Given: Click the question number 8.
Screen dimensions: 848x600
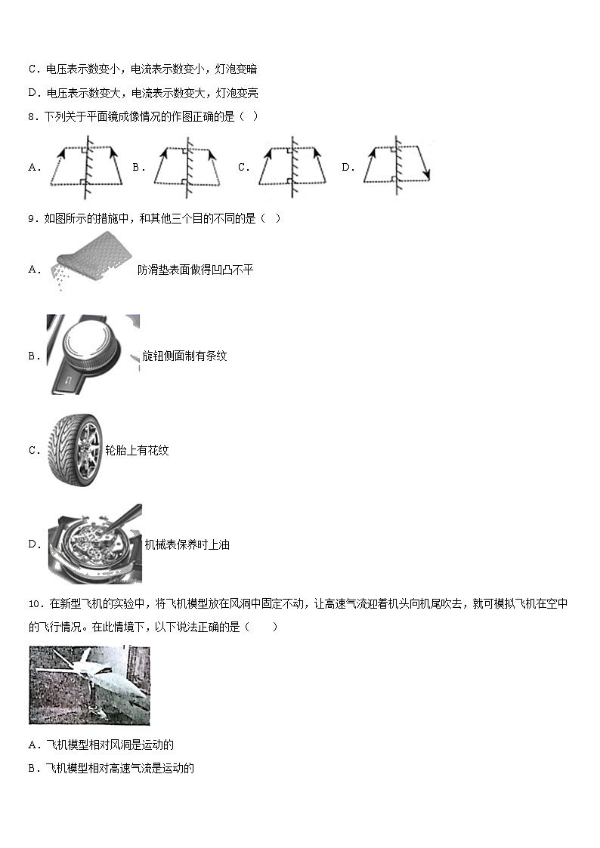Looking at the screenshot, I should (x=32, y=116).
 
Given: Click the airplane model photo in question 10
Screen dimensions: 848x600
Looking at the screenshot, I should (x=89, y=684).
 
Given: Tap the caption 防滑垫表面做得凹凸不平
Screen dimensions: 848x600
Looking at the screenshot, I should (x=195, y=270).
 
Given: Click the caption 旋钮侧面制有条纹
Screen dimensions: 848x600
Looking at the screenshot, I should (x=184, y=356).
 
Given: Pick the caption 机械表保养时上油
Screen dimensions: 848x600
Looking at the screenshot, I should (x=187, y=544).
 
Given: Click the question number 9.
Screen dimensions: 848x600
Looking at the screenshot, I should (x=32, y=219).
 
